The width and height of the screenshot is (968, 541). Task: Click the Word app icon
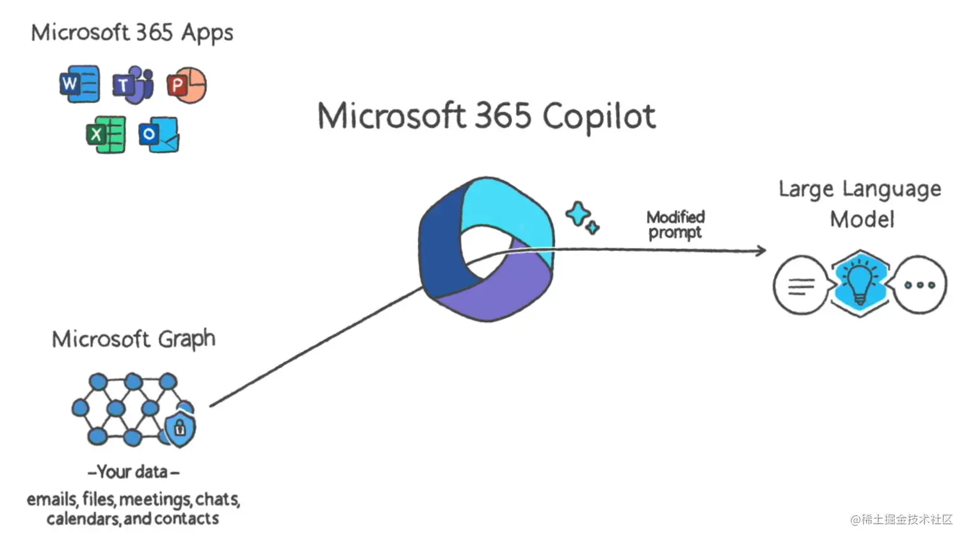pyautogui.click(x=80, y=84)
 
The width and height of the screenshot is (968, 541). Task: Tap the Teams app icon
pyautogui.click(x=133, y=85)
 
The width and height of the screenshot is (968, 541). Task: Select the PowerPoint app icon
pyautogui.click(x=187, y=85)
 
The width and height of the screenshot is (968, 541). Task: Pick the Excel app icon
pyautogui.click(x=106, y=134)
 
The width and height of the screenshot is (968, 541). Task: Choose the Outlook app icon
pyautogui.click(x=159, y=134)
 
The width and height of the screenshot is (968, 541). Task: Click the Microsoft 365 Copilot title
pyautogui.click(x=487, y=117)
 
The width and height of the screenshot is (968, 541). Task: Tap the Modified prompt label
pyautogui.click(x=675, y=225)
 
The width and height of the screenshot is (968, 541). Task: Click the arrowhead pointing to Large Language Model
pyautogui.click(x=761, y=250)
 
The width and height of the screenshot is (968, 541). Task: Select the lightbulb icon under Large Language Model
pyautogui.click(x=860, y=283)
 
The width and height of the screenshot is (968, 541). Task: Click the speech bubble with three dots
pyautogui.click(x=920, y=285)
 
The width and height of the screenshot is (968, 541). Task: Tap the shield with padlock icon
pyautogui.click(x=180, y=428)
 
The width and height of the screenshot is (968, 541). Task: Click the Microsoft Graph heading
pyautogui.click(x=133, y=339)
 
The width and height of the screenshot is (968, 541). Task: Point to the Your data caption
pyautogui.click(x=133, y=472)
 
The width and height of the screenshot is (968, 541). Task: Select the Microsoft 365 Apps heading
pyautogui.click(x=132, y=33)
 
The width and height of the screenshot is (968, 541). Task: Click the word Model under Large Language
pyautogui.click(x=862, y=220)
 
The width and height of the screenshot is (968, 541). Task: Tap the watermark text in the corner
pyautogui.click(x=901, y=519)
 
